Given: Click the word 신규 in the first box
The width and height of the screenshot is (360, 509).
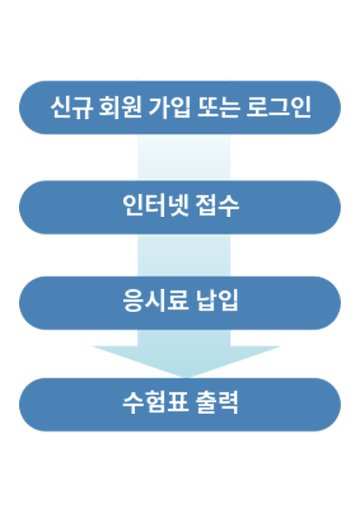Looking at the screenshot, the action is [72, 107].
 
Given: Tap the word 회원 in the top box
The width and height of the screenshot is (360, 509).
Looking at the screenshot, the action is [120, 107].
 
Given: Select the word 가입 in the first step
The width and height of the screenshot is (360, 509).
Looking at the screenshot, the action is [169, 107].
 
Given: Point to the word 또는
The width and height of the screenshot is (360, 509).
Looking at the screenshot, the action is [218, 107].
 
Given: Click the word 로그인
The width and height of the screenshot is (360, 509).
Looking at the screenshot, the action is [279, 107].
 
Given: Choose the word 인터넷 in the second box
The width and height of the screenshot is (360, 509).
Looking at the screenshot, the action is [156, 205].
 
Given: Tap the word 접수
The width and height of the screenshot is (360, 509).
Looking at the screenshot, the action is [217, 205].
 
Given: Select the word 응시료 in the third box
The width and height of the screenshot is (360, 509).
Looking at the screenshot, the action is [156, 300].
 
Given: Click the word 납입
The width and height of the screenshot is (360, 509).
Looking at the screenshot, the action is [217, 300].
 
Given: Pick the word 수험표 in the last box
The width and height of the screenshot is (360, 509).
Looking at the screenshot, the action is [156, 402].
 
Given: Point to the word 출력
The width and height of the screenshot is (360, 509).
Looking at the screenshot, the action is [217, 402].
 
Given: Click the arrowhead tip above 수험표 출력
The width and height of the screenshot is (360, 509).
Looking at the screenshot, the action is [186, 377].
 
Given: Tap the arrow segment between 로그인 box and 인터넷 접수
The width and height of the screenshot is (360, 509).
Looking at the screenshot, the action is [184, 157].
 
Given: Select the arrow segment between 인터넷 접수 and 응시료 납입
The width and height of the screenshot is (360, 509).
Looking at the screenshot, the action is [184, 255].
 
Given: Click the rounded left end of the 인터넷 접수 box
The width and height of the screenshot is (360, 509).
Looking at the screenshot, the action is [32, 208].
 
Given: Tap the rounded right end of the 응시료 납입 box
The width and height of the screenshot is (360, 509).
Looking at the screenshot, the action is [327, 303].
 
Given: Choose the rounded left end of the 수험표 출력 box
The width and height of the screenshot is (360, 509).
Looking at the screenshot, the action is [32, 405].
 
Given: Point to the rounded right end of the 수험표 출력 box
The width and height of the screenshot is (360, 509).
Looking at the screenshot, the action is [327, 405].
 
